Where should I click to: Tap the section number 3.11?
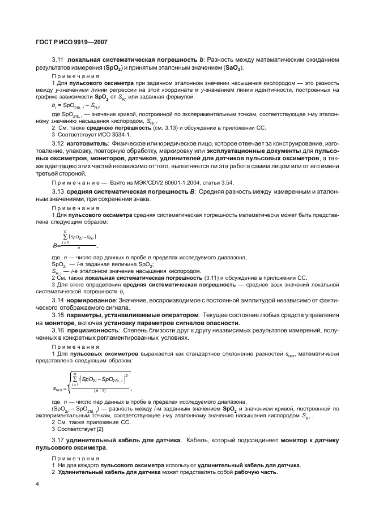[x=58, y=59]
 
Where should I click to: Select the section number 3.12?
[x=58, y=144]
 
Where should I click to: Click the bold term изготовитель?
[x=87, y=144]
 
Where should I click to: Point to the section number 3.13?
[x=58, y=193]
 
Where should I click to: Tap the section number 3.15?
[x=58, y=314]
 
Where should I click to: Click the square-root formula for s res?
[x=92, y=382]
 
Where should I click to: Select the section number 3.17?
[x=58, y=440]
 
